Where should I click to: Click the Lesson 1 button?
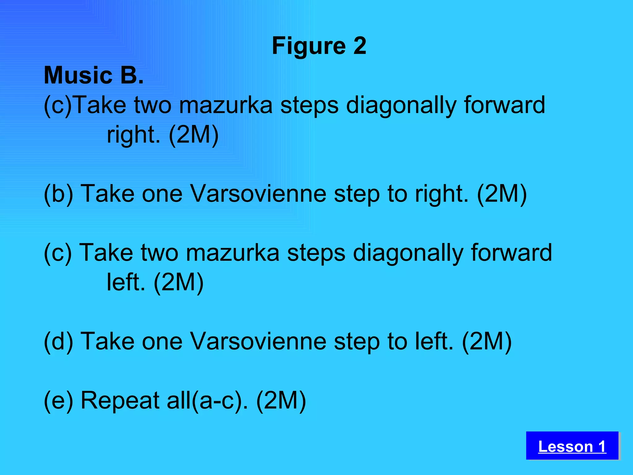[x=572, y=446]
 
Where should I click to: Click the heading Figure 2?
[x=319, y=46]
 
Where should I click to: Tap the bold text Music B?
[x=94, y=75]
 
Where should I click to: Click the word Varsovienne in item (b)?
[x=258, y=194]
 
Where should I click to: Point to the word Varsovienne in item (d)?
[x=258, y=341]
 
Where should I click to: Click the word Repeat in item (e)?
[x=120, y=400]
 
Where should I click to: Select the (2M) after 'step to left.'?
[x=487, y=341]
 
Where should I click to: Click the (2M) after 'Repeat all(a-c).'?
[x=281, y=400]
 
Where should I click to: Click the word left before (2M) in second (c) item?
[x=125, y=282]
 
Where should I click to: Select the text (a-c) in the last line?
[x=219, y=400]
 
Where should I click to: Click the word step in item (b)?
[x=357, y=194]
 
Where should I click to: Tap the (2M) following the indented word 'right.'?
[x=194, y=135]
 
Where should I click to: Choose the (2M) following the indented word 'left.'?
[x=179, y=282]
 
